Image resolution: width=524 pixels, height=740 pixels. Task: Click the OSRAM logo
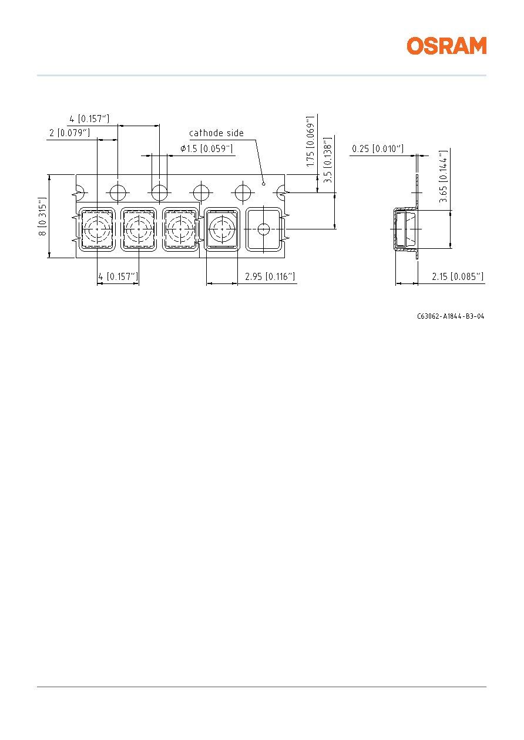[446, 46]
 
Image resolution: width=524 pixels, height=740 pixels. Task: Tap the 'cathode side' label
[216, 133]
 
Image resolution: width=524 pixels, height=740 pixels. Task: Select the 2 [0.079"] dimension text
[69, 133]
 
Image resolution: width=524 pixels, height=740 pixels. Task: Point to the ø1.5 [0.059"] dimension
[207, 148]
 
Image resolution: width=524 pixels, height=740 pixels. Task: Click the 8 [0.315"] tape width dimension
[43, 217]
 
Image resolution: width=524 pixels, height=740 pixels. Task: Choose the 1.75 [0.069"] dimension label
[310, 141]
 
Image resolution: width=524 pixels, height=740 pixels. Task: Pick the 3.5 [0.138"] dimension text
[327, 160]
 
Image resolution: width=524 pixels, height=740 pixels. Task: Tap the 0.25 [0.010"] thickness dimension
[378, 148]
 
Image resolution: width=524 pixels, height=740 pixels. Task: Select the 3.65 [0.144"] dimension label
[443, 177]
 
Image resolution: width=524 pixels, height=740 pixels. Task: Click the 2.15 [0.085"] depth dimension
[458, 276]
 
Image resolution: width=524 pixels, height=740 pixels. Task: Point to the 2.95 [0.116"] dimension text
[270, 276]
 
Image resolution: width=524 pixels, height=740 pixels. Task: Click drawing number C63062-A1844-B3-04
[451, 316]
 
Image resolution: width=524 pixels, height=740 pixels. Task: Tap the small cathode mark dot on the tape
[264, 184]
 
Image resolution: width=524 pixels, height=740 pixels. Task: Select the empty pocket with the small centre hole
[264, 229]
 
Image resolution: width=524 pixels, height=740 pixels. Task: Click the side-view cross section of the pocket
[406, 229]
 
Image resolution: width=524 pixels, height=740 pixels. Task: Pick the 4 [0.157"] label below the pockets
[118, 276]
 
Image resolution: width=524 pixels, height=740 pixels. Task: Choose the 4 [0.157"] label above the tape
[89, 119]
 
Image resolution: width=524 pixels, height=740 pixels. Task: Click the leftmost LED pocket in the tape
[97, 229]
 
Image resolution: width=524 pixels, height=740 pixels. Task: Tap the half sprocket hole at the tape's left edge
[80, 192]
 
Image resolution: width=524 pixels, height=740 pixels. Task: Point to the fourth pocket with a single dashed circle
[222, 229]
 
